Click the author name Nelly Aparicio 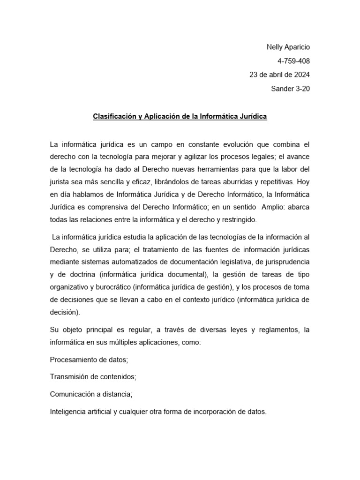pyautogui.click(x=288, y=47)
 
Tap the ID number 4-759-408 pyautogui.click(x=294, y=61)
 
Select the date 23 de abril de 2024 pyautogui.click(x=279, y=75)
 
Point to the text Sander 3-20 pyautogui.click(x=291, y=89)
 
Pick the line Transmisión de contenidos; pyautogui.click(x=93, y=377)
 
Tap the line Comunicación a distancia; pyautogui.click(x=91, y=394)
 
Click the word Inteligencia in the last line pyautogui.click(x=67, y=412)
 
